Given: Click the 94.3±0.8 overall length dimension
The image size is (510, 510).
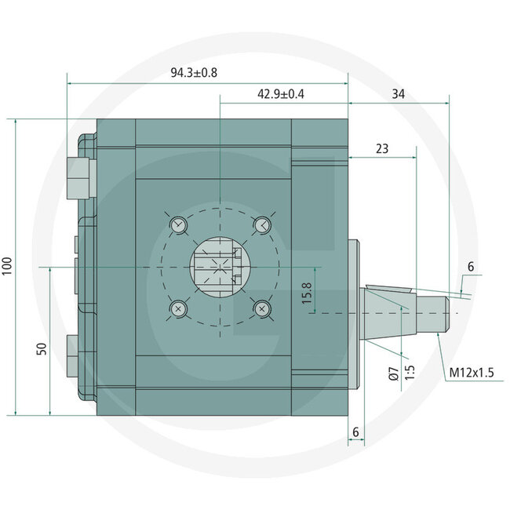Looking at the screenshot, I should coord(193,72).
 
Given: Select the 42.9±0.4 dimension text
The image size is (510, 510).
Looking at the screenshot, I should coord(281,94).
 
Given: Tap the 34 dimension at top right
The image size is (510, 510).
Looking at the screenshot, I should coord(398,94).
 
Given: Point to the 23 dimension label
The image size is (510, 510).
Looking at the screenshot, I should coord(382,148).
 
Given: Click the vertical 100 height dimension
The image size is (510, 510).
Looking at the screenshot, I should coord(8,266).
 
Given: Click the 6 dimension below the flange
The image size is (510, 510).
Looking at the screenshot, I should coord(355,432).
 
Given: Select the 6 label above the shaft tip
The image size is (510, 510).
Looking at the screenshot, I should coord(471,268).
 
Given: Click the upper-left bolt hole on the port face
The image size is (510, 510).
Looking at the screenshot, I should coord(179,224).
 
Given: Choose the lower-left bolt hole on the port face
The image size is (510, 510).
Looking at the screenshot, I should coord(179,308).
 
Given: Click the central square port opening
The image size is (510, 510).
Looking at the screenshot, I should coord(220,266).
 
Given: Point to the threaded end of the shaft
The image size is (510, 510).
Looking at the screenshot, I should coord(439,311).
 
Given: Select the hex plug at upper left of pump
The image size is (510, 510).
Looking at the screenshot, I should coord(81,177).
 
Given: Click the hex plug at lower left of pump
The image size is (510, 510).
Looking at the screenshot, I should coord(78,353).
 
